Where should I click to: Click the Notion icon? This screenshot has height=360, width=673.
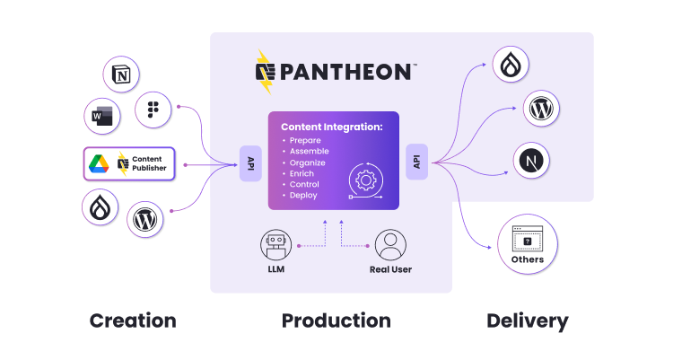[x=122, y=75]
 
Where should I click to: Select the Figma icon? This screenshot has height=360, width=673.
[x=153, y=110]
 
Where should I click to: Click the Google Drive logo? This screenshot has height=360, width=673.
[x=98, y=163]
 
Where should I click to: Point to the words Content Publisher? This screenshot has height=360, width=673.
[x=151, y=163]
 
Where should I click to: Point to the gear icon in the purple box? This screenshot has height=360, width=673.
[x=365, y=180]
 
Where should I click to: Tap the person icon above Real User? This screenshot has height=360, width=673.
[x=390, y=245]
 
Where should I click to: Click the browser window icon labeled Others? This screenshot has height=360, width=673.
[x=528, y=239]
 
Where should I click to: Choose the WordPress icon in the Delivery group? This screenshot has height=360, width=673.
[x=541, y=109]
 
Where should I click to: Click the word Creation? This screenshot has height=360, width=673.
[x=133, y=320]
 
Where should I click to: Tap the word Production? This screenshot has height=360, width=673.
[x=336, y=320]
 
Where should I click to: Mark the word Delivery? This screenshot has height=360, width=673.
[x=527, y=320]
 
